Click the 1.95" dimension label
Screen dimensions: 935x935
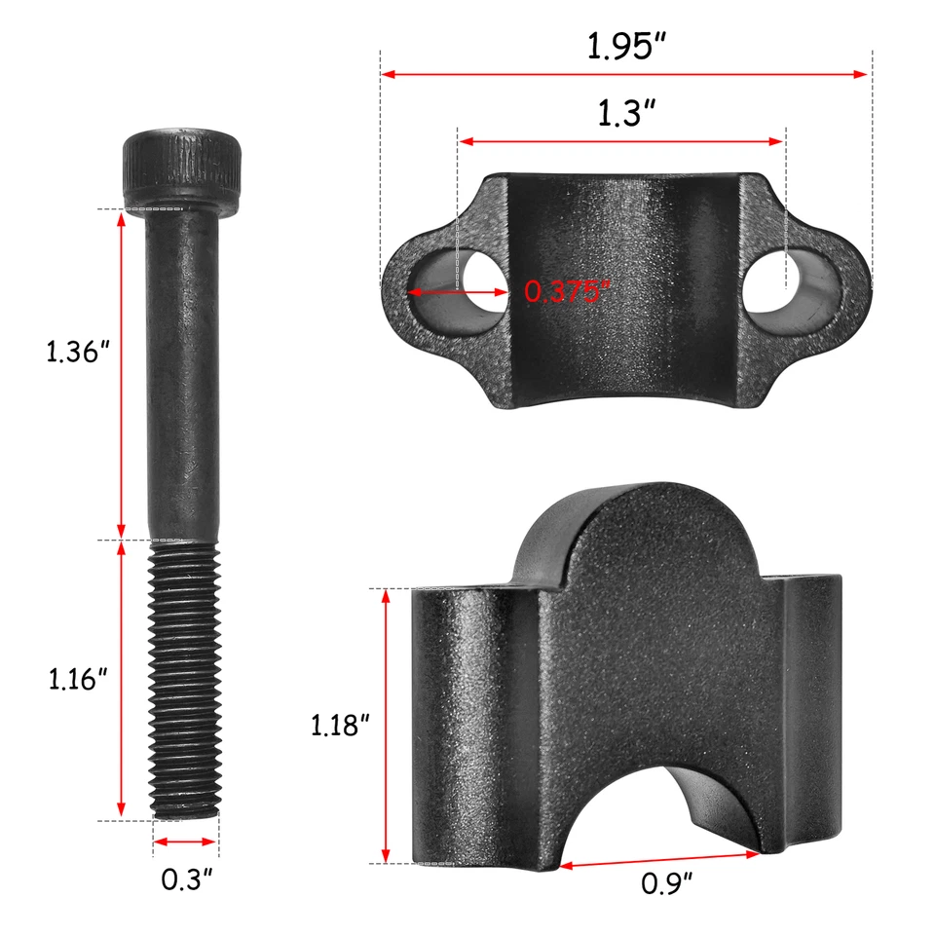pyautogui.click(x=623, y=47)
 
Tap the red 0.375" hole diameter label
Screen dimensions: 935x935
pyautogui.click(x=568, y=290)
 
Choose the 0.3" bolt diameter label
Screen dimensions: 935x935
pyautogui.click(x=186, y=879)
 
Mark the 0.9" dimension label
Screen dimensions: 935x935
pyautogui.click(x=667, y=883)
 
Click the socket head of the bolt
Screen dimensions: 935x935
pyautogui.click(x=182, y=168)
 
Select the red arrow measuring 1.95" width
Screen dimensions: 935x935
pyautogui.click(x=623, y=74)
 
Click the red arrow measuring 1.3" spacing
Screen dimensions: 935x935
pyautogui.click(x=621, y=141)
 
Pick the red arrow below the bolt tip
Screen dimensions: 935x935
pyautogui.click(x=186, y=841)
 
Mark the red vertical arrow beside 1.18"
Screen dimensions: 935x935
pyautogui.click(x=387, y=726)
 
